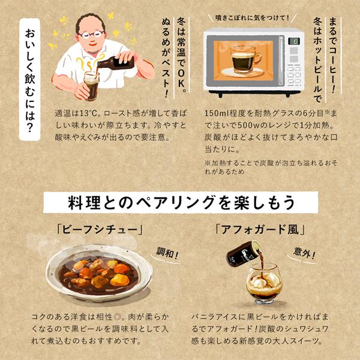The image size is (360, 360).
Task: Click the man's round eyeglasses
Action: pos(92,34)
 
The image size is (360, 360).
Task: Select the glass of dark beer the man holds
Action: pos(91,86)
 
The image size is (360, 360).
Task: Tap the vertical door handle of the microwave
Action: pos(281,61)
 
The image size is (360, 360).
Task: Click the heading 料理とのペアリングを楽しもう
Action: pos(181,202)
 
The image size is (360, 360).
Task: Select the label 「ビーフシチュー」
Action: pos(100,230)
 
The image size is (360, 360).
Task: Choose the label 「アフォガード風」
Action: pos(260,230)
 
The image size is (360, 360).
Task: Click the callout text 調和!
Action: pos(167,253)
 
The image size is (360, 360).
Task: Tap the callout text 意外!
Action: pos(304,253)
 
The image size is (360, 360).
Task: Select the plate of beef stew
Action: pos(99,273)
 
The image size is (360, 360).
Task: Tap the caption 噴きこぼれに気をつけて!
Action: pos(252,18)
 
